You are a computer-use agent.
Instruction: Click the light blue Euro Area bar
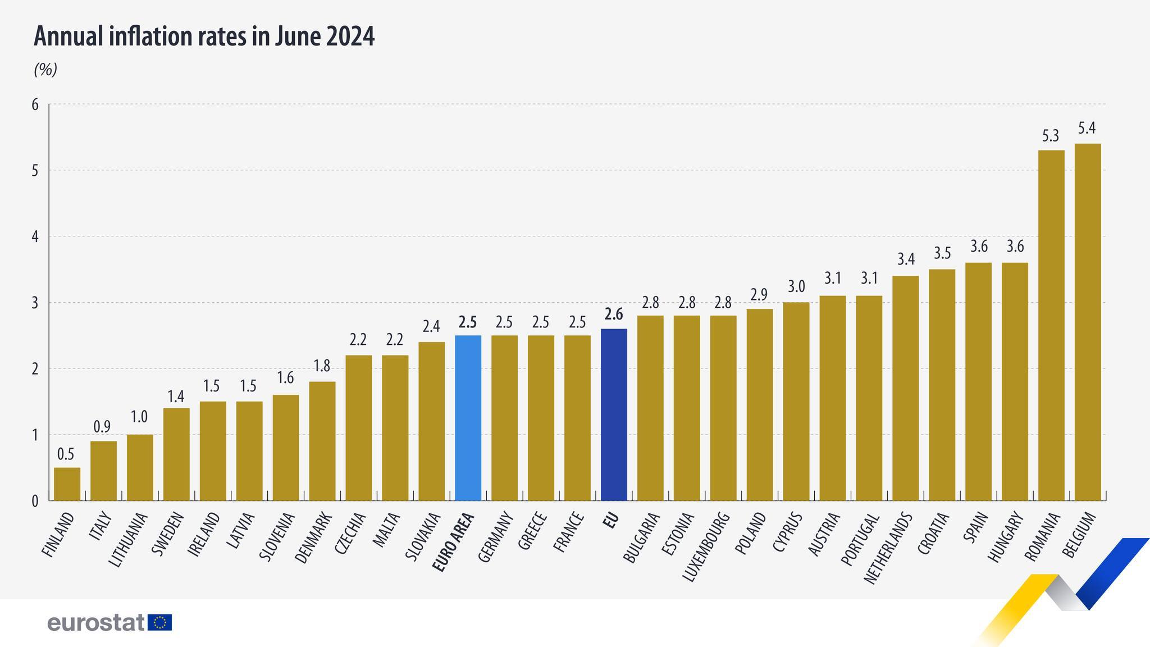(x=468, y=418)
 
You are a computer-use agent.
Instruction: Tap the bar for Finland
(x=67, y=484)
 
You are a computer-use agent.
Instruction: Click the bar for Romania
(x=1051, y=325)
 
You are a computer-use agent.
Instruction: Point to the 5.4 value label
(x=1087, y=129)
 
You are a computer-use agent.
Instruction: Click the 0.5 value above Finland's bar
(x=66, y=454)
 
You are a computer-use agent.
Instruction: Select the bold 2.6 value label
(x=614, y=315)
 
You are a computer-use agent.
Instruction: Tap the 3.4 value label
(x=906, y=259)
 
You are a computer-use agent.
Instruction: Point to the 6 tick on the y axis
(x=35, y=104)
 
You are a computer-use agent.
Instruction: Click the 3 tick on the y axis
(x=35, y=303)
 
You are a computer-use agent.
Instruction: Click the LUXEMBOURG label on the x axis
(x=705, y=546)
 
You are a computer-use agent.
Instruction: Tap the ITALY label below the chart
(x=101, y=526)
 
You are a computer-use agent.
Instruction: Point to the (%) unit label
(x=45, y=70)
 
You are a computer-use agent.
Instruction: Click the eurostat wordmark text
(x=96, y=623)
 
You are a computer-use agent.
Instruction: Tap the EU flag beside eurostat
(x=160, y=622)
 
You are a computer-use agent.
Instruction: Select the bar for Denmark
(x=322, y=441)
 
